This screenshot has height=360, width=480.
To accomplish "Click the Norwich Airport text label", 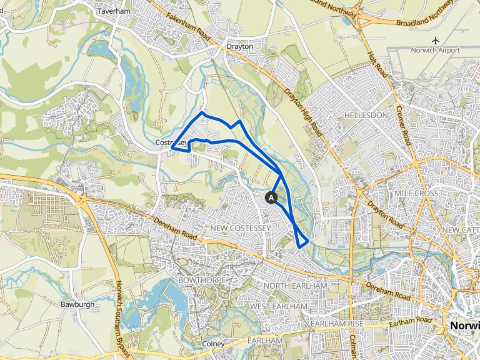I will (x=435, y=51).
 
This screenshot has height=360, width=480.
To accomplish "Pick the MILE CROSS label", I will (x=417, y=194).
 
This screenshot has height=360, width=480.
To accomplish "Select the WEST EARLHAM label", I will (x=279, y=307).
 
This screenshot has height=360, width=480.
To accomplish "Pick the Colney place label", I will (x=214, y=344).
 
